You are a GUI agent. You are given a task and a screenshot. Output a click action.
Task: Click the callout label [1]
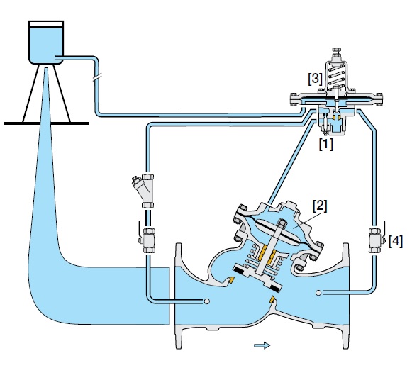pyautogui.click(x=325, y=144)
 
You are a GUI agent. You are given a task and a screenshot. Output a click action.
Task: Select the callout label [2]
pyautogui.click(x=321, y=206)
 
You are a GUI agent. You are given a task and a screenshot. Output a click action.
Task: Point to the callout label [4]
pyautogui.click(x=396, y=241)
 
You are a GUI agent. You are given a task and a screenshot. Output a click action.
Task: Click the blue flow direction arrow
pyautogui.click(x=262, y=345)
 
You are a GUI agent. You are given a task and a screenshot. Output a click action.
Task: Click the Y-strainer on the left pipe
pyautogui.click(x=147, y=191)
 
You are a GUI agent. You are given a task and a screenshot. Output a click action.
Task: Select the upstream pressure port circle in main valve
pyautogui.click(x=206, y=301)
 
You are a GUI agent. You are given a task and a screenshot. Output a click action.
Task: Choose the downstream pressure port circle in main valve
pyautogui.click(x=319, y=292)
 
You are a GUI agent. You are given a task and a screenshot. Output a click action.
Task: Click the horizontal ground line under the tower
pyautogui.click(x=47, y=123)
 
